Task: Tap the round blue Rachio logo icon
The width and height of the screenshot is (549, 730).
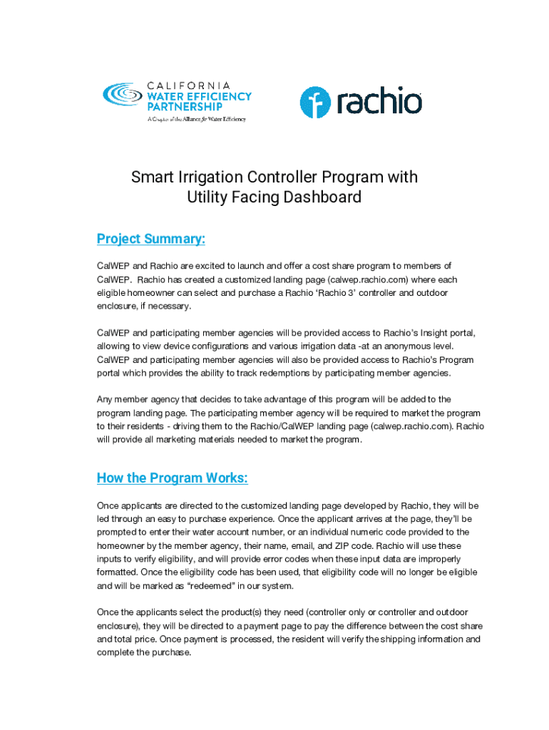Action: (x=315, y=103)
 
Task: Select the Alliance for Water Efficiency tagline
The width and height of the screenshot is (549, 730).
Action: (x=196, y=119)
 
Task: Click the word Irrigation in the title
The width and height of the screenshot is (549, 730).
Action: (x=205, y=177)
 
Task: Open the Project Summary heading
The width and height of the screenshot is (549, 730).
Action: (x=151, y=240)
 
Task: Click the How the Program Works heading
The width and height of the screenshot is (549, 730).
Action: (x=173, y=478)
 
